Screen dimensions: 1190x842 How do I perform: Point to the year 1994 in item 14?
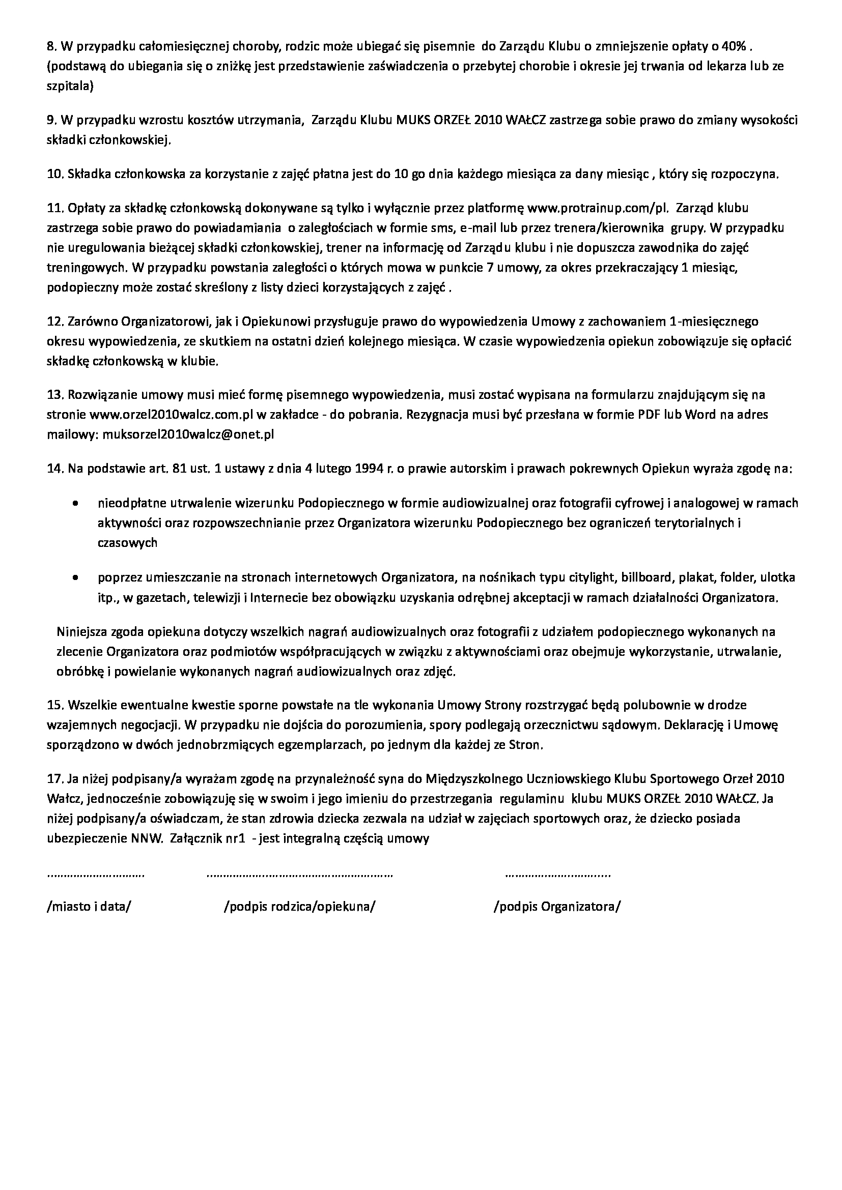[x=371, y=469]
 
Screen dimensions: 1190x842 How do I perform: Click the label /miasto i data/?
[x=89, y=907]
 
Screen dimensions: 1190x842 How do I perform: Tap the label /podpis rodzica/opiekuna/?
[x=299, y=907]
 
